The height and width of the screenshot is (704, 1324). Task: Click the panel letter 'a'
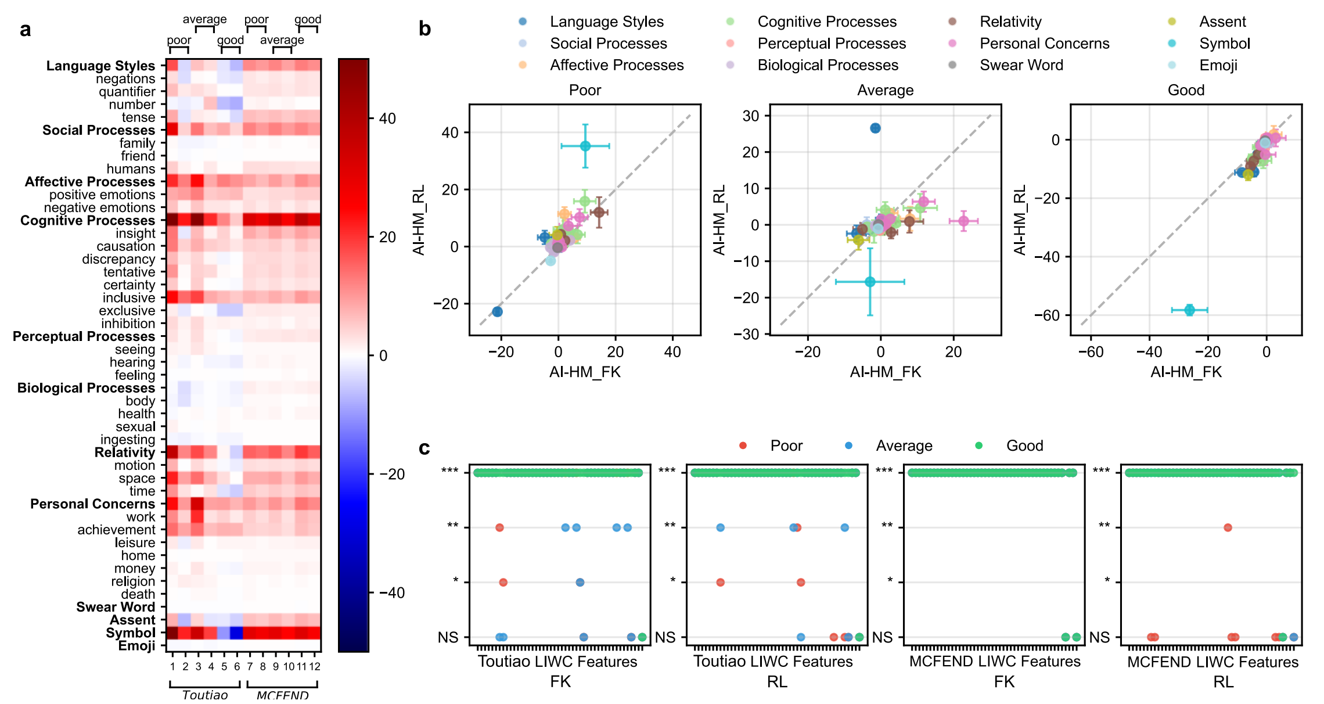(25, 30)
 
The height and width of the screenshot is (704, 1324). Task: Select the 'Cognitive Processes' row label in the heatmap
(88, 221)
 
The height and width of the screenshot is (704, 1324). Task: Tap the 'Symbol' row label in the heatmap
(131, 633)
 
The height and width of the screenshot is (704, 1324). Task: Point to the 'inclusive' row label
(129, 298)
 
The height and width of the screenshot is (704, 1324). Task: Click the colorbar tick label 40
(387, 118)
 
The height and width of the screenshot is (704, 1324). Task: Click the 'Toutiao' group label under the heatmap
(204, 695)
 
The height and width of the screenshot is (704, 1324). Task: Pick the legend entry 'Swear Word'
(1021, 65)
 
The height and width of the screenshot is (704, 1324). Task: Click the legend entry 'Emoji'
(1218, 65)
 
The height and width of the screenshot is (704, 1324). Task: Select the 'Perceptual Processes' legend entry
(831, 44)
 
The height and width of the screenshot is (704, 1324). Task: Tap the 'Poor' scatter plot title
(585, 90)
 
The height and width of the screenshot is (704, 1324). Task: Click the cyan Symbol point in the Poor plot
(585, 146)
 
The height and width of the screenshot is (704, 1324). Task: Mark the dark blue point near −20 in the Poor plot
(497, 312)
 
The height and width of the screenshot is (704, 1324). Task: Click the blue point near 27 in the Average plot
(875, 128)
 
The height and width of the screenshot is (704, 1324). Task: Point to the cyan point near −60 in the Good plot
(1189, 310)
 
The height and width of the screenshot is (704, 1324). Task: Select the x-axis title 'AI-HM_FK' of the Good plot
(1186, 372)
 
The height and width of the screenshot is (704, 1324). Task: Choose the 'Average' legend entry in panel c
(904, 446)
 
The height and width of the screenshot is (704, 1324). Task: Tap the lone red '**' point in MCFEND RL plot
(1228, 527)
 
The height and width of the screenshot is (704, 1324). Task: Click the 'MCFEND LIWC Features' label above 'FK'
(995, 661)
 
